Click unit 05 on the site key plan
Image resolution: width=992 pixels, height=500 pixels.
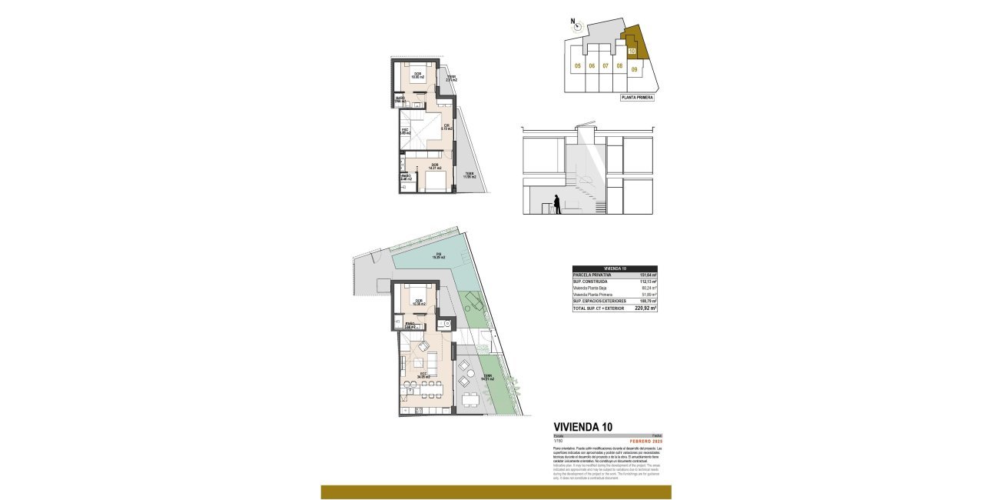coord(576,66)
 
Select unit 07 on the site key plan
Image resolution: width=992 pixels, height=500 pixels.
coord(605,66)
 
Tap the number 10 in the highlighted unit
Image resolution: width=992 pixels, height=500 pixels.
coord(632,52)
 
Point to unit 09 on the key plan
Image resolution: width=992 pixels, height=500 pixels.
coord(635,69)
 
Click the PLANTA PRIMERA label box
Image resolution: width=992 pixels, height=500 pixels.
coord(637,98)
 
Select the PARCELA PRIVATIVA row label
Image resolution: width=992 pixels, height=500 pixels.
coord(592,275)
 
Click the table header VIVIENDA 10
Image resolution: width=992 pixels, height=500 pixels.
coord(614,268)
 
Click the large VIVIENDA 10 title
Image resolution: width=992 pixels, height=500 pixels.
coord(583,427)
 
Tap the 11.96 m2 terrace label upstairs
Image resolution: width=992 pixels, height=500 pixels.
coord(469,175)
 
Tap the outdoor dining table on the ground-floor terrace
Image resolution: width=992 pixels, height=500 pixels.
coord(470,398)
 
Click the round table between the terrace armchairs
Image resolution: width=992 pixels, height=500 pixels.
coord(465,373)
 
